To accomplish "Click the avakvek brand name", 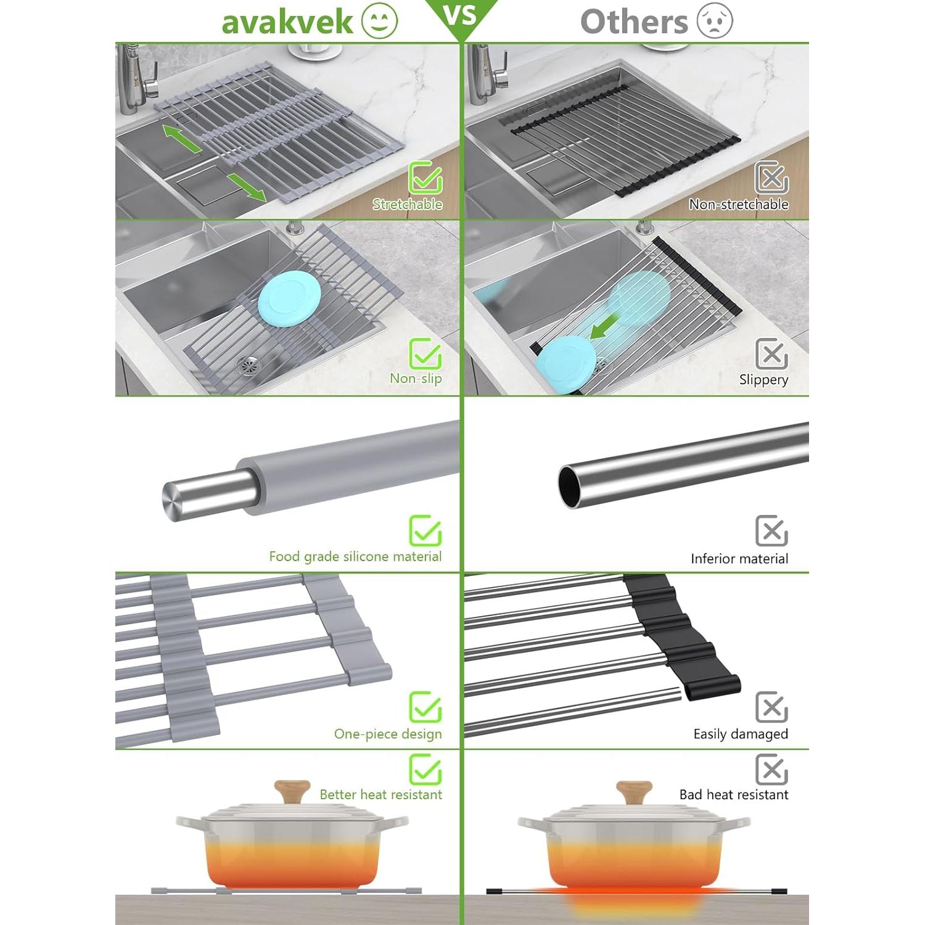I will [287, 22].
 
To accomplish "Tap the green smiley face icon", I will [379, 21].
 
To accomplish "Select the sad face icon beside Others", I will [715, 21].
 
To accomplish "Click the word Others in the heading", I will [634, 22].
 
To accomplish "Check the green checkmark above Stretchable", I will [425, 178].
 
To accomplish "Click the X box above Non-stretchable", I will [771, 178].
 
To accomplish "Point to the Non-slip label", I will [416, 379].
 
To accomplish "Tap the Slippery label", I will [763, 380].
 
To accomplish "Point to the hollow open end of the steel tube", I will [570, 487].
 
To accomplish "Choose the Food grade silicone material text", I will [355, 557].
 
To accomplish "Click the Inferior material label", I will [739, 559].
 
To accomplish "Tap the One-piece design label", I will [387, 734].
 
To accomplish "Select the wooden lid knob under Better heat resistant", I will [292, 791].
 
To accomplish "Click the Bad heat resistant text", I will [733, 795].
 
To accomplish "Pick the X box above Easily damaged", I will [771, 707].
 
